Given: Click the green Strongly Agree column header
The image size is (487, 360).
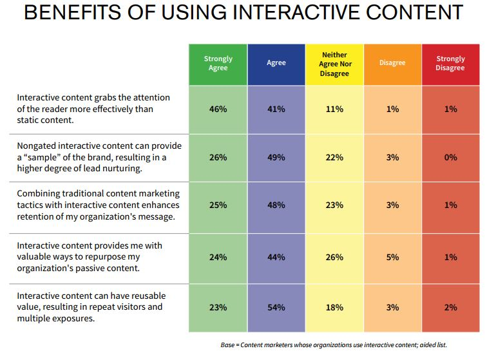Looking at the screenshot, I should click(x=218, y=63).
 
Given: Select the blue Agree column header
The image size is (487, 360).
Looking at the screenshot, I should click(x=276, y=63).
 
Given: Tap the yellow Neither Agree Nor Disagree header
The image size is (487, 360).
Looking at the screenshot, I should click(x=334, y=63).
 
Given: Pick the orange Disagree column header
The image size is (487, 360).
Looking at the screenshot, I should click(x=392, y=63).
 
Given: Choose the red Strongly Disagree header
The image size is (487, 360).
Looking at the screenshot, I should click(x=450, y=63).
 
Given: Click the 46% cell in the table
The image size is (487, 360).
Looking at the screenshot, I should click(x=218, y=109).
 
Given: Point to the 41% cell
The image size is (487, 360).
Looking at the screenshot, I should click(x=276, y=109).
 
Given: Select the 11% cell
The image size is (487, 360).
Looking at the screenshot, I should click(x=334, y=109).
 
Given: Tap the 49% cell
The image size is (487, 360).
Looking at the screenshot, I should click(x=276, y=157).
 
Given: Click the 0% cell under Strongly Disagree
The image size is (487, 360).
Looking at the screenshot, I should click(x=450, y=157).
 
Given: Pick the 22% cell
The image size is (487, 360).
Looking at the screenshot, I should click(x=334, y=157).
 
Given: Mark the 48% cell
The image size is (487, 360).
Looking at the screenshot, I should click(x=276, y=205).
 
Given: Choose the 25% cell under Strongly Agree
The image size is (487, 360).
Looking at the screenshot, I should click(x=218, y=205).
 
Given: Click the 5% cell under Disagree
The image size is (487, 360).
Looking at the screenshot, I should click(x=392, y=257).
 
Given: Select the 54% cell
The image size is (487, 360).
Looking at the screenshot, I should click(x=276, y=307).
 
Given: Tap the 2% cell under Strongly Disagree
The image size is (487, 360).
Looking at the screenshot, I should click(x=450, y=307).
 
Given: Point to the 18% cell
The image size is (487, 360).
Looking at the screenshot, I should click(x=334, y=307).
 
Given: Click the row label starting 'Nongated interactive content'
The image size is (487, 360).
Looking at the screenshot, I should click(x=99, y=157).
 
